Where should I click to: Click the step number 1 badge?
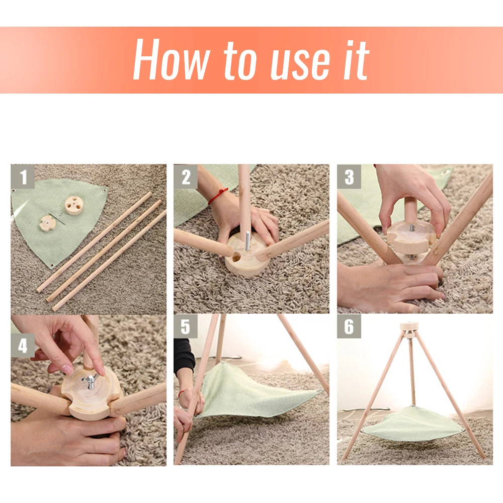click(23, 177)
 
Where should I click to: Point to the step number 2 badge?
click(186, 177)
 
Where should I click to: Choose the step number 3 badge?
click(349, 177)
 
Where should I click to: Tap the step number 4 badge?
click(23, 346)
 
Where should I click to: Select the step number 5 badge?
click(186, 326)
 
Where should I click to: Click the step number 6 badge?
click(349, 326)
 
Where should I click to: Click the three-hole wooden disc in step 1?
click(74, 205)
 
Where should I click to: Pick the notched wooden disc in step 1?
click(48, 223)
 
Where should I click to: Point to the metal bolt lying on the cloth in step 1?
click(57, 218)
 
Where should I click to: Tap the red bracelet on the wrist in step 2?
click(218, 196)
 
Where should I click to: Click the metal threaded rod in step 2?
click(247, 241)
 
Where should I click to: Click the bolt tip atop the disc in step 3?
click(411, 228)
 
